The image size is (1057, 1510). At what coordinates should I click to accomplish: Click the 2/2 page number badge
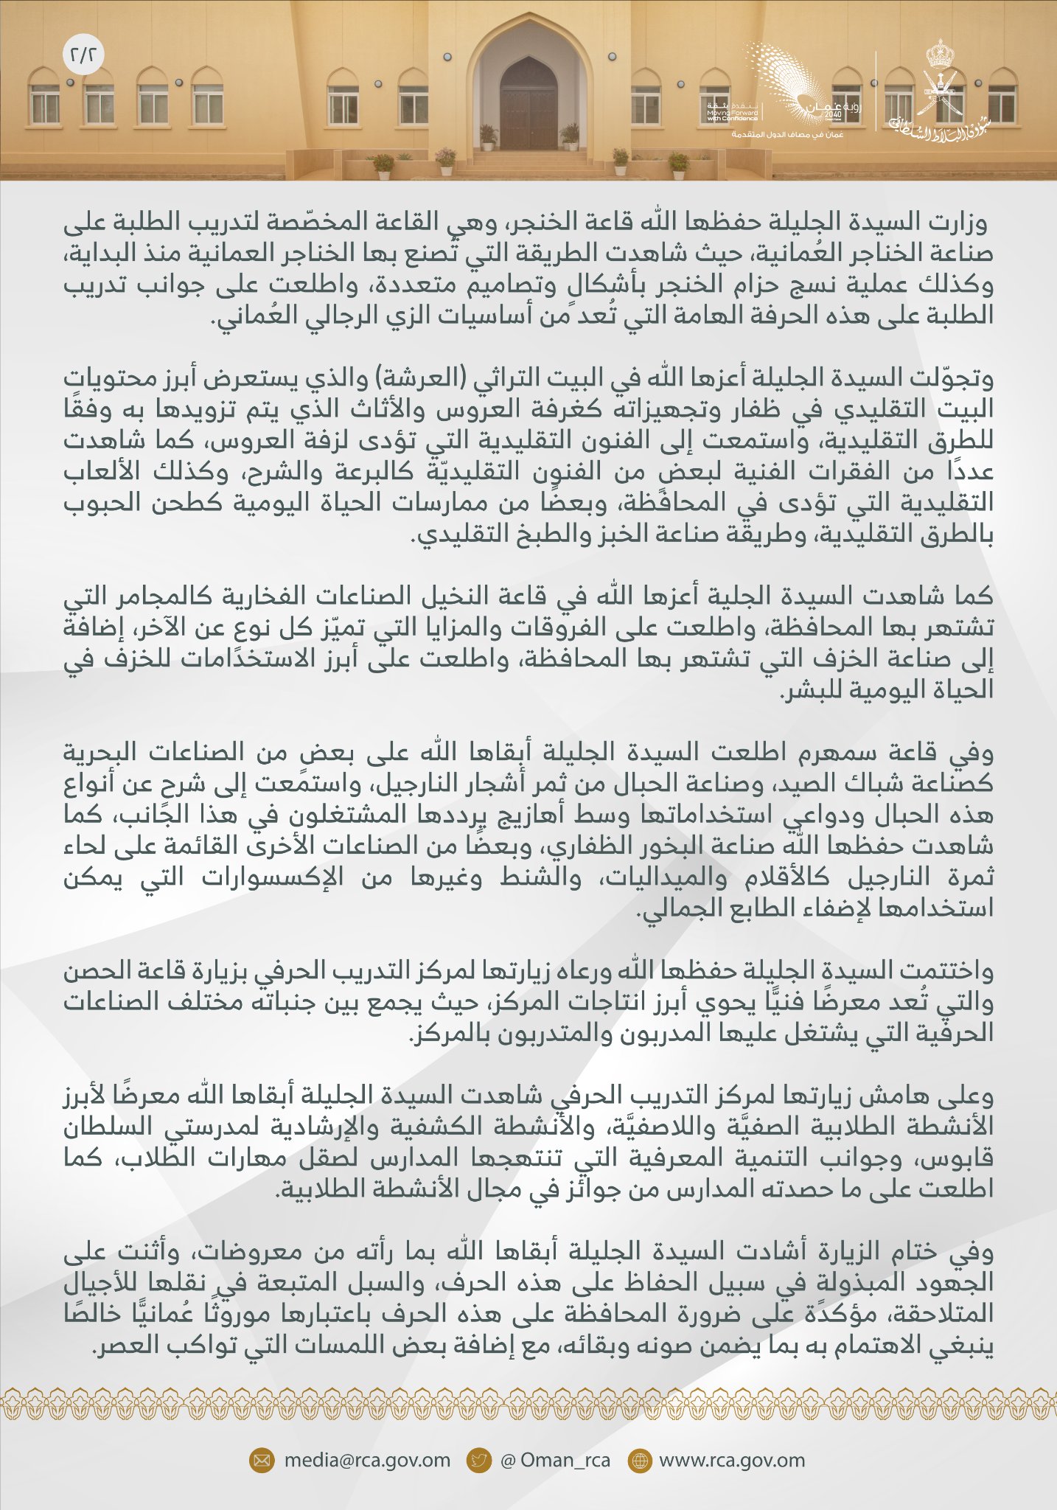(x=83, y=55)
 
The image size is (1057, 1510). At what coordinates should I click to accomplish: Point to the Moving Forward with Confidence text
(x=732, y=111)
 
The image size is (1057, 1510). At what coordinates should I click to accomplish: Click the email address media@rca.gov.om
(x=367, y=1461)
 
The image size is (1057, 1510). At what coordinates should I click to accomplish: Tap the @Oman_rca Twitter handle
(x=555, y=1461)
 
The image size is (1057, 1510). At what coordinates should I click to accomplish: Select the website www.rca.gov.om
(x=731, y=1461)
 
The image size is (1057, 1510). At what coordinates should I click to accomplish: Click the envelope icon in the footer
(x=261, y=1461)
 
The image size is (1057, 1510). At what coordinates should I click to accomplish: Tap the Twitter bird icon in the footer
(x=479, y=1461)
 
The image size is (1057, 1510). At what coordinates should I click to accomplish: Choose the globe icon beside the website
(x=639, y=1461)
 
